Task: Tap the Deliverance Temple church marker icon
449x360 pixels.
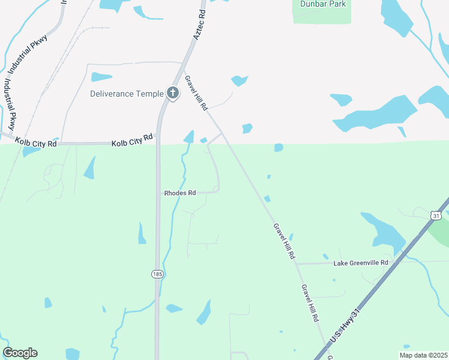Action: (x=173, y=93)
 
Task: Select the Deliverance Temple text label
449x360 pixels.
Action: (x=127, y=94)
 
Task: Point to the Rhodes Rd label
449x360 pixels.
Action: (x=180, y=193)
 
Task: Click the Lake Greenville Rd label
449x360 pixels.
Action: (x=361, y=263)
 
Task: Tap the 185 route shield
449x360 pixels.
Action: (x=157, y=274)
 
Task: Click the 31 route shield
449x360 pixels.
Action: (x=436, y=215)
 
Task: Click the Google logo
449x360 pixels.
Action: (x=20, y=353)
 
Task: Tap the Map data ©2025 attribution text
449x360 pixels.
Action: (x=423, y=355)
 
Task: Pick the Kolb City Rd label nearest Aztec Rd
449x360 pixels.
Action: (x=132, y=140)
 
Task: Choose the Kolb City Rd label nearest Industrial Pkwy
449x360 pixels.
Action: (x=36, y=142)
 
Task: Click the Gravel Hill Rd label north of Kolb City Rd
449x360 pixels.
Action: (x=196, y=93)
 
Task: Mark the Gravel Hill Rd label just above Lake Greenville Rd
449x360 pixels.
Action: (x=284, y=241)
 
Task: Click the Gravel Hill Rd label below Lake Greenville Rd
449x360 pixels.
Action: (x=310, y=304)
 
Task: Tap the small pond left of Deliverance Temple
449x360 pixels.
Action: (x=101, y=77)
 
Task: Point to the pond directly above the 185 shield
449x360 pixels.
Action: (x=142, y=233)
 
